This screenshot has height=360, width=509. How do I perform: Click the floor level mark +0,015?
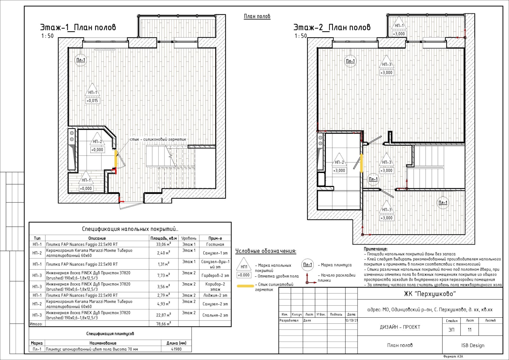[x=93, y=100]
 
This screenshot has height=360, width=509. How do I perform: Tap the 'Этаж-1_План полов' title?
[x=78, y=27]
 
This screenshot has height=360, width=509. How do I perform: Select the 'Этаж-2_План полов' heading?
[x=332, y=27]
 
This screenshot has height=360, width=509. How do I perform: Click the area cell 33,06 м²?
[x=164, y=244]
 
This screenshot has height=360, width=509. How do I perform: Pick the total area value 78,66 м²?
[x=164, y=324]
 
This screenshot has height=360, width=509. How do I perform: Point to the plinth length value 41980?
[x=176, y=349]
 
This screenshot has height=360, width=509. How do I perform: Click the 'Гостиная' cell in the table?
[x=215, y=244]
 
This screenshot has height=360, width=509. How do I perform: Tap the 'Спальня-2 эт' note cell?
[x=215, y=315]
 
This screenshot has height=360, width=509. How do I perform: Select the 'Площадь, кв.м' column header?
[x=164, y=238]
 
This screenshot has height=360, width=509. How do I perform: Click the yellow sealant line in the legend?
[x=245, y=286]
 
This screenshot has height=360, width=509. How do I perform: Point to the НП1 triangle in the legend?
[x=244, y=264]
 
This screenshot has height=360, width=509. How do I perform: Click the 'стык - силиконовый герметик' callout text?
[x=158, y=139]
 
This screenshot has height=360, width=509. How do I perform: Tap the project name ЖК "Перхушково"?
[x=430, y=294]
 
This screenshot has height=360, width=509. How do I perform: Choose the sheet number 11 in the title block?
[x=470, y=330]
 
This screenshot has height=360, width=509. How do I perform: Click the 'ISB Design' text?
[x=473, y=345]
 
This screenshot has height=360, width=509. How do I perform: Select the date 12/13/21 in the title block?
[x=351, y=321]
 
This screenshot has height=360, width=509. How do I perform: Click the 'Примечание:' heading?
[x=376, y=249]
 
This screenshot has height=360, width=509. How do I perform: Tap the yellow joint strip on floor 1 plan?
[x=116, y=158]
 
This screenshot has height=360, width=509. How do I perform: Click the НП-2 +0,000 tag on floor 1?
[x=97, y=142]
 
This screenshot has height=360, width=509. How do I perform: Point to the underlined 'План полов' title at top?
[x=257, y=16]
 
